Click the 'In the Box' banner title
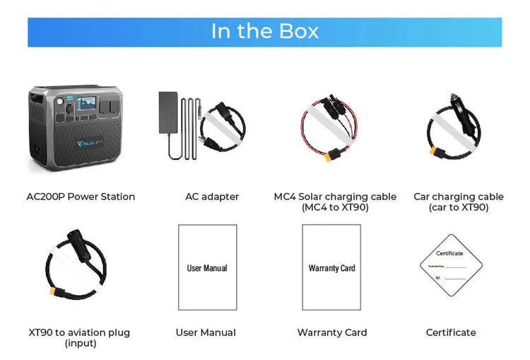pos(265,32)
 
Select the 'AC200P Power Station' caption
pos(81,197)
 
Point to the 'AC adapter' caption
pos(212,197)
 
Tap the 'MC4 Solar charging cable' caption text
pos(335,197)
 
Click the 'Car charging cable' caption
pos(459,197)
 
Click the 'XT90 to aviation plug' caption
pos(79,332)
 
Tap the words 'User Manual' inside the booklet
pos(207,268)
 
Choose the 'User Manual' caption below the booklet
pos(206,332)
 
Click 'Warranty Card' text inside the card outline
pos(331,268)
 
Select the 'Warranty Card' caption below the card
pos(332,332)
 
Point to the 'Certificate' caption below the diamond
pos(451,332)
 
